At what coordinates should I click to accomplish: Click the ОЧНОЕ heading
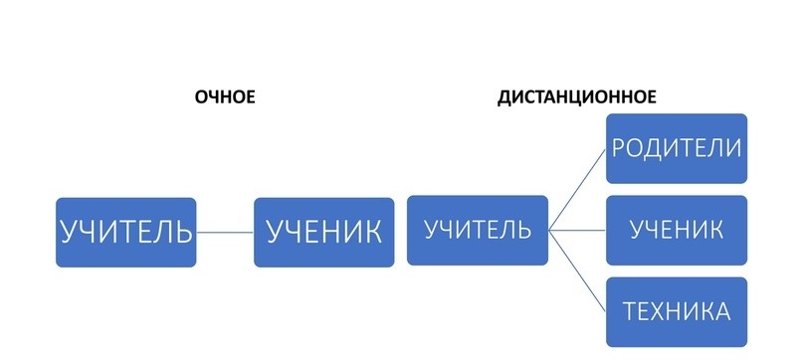pos(226,96)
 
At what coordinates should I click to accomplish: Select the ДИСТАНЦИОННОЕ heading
pos(576,97)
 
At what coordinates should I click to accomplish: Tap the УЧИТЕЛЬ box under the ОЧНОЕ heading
pos(125,232)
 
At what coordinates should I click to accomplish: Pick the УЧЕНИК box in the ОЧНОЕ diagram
pos(323,232)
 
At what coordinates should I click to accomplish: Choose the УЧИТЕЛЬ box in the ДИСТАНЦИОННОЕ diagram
pos(478,230)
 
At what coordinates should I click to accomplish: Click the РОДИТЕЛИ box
pos(677,149)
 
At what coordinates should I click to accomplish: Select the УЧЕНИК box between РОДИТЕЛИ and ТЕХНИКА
pos(677,230)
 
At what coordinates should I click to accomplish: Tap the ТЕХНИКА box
pos(677,311)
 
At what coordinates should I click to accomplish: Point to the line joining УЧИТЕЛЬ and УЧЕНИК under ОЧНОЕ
pos(225,233)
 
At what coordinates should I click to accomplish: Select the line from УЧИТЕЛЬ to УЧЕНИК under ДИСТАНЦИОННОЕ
pos(577,230)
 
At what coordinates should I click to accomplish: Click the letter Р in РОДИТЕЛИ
pos(619,149)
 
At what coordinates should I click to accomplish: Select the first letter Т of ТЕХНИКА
pos(630,311)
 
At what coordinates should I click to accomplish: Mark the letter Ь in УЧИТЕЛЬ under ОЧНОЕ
pos(183,232)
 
